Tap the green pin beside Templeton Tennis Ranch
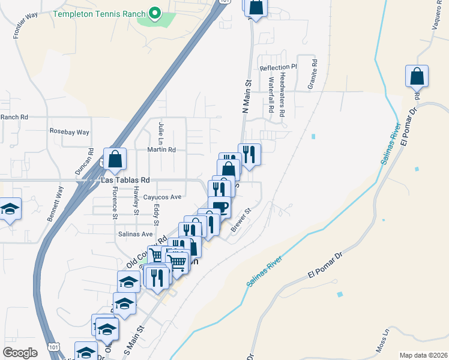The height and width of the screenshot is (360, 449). point(154,12)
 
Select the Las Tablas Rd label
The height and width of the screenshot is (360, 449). point(125,180)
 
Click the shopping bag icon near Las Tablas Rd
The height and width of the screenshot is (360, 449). point(115,160)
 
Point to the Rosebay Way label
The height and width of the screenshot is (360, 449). point(69,132)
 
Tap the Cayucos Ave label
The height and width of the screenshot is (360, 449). point(158,197)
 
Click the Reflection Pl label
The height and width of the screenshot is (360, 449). point(278,68)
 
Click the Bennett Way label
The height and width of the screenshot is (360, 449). point(55,205)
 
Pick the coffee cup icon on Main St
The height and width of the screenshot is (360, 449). point(219,207)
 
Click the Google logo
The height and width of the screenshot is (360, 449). point(20,352)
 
